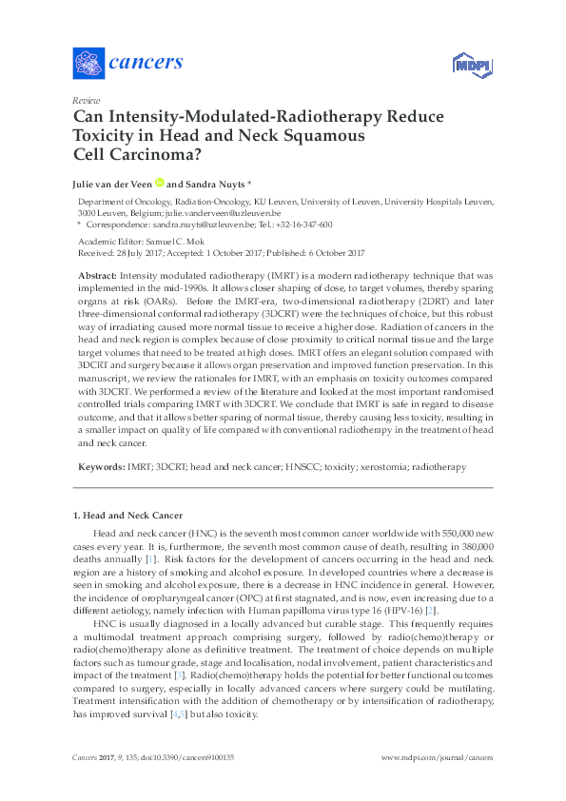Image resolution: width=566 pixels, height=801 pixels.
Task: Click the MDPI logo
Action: point(467,65)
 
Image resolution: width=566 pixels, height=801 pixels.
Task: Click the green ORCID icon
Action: point(159,183)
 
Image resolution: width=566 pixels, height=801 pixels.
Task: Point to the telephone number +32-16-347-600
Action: point(303,225)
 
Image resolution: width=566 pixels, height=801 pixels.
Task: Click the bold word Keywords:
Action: point(100,467)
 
